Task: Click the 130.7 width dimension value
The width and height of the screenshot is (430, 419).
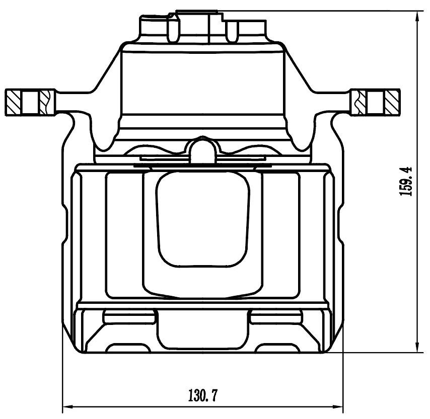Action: pyautogui.click(x=202, y=396)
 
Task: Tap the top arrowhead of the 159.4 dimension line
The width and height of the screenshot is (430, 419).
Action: pyautogui.click(x=417, y=18)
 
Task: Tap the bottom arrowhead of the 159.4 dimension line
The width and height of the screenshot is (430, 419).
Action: pyautogui.click(x=417, y=346)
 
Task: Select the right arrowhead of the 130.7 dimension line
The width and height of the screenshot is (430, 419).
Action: pyautogui.click(x=336, y=406)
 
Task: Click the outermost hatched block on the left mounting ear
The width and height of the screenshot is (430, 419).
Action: pyautogui.click(x=13, y=103)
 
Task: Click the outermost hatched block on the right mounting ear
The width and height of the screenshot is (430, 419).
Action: pyautogui.click(x=392, y=103)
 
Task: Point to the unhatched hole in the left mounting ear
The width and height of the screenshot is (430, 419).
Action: pyautogui.click(x=30, y=103)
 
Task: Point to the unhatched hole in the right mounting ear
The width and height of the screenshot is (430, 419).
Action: pyautogui.click(x=375, y=103)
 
